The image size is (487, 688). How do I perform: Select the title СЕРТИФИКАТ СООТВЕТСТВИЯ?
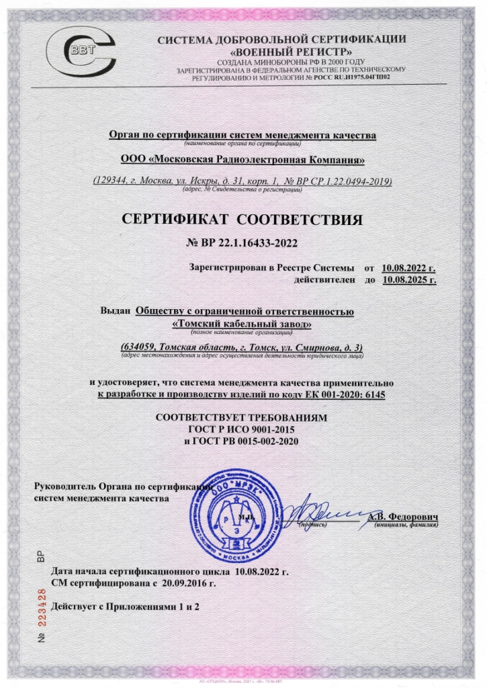tap(242, 220)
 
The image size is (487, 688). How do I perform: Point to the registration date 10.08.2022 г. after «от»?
tap(409, 267)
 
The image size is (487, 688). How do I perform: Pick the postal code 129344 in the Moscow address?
tap(110, 182)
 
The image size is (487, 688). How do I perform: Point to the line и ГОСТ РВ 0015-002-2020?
tap(242, 441)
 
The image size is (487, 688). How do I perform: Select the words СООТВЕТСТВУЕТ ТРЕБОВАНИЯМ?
tap(242, 417)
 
